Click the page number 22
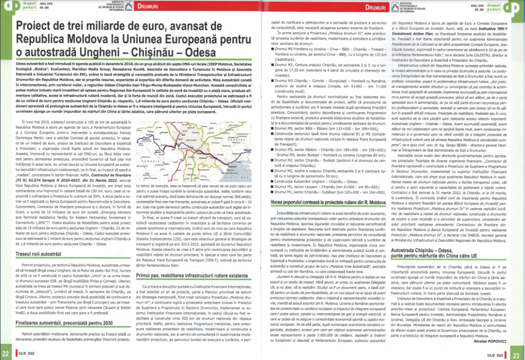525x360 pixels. [6, 353]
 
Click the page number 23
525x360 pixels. [518, 353]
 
